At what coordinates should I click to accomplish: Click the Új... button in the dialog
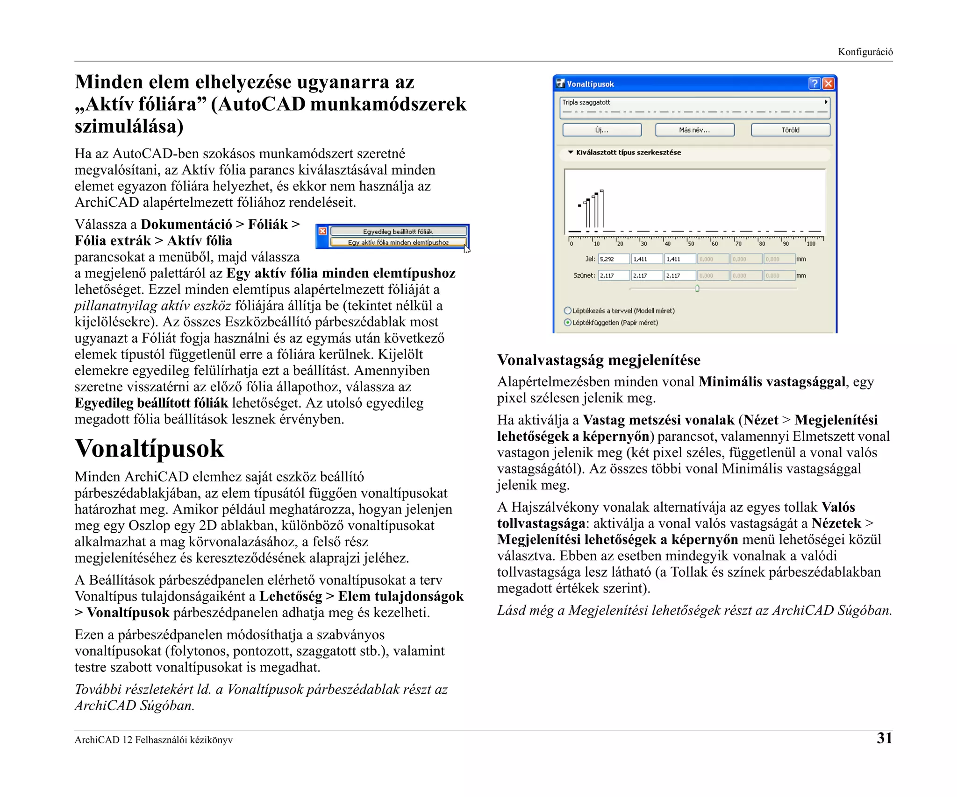tap(601, 130)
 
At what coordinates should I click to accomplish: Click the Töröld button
tap(790, 130)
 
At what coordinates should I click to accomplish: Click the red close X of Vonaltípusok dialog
tap(828, 84)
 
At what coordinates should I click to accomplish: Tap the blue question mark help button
tap(814, 84)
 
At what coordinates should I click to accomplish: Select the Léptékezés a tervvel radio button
tap(568, 310)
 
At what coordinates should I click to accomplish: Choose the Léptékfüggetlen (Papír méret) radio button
tap(568, 323)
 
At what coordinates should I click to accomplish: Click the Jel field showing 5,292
tap(614, 259)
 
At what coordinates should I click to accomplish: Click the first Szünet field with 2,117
tap(614, 275)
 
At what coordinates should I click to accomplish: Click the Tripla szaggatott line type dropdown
tap(694, 107)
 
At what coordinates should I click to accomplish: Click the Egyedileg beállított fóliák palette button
tap(398, 232)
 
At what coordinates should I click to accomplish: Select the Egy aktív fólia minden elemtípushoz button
tap(398, 242)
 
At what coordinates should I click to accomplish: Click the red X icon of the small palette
tap(322, 231)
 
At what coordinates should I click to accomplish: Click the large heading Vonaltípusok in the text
tap(149, 449)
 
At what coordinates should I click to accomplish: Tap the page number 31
tap(884, 738)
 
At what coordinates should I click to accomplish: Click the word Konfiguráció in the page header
tap(865, 52)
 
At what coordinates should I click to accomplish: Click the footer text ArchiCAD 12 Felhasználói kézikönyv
tap(153, 740)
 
